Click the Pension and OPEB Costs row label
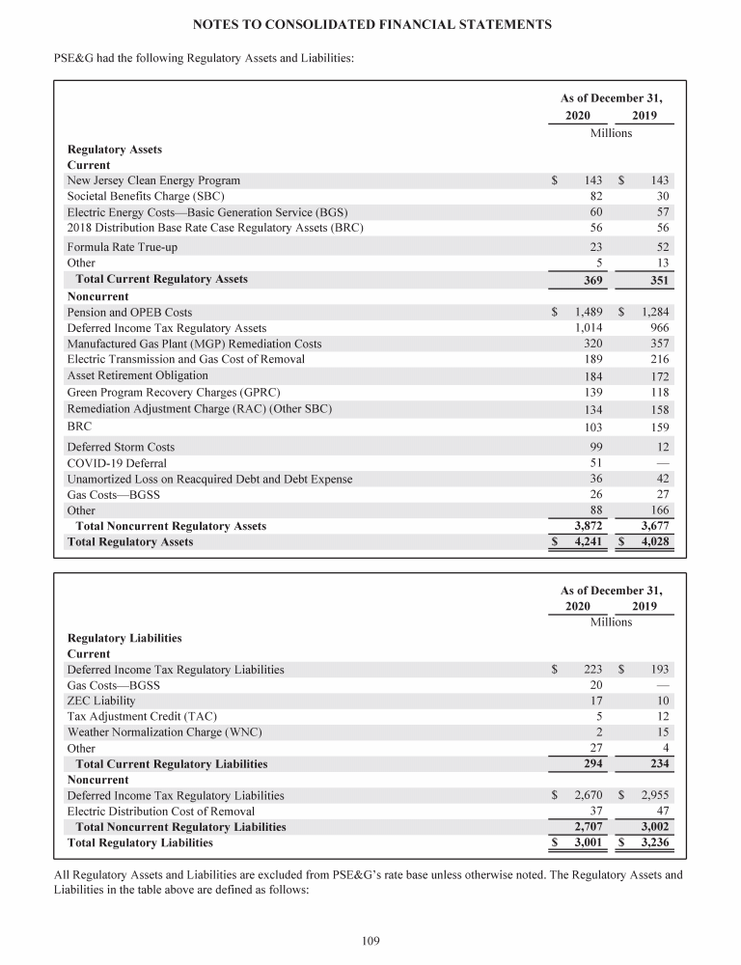pos(129,313)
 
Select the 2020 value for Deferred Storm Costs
pos(593,448)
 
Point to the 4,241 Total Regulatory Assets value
pos(588,542)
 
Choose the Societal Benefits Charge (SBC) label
pos(146,196)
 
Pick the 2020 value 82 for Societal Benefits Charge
pos(595,196)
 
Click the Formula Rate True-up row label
pos(122,248)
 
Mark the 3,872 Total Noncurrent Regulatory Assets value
pos(588,526)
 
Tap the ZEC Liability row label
pos(101,701)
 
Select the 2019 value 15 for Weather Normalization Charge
pos(662,732)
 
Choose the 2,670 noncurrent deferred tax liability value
pos(588,796)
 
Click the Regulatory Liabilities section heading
pos(124,638)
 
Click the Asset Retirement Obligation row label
pos(137,375)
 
